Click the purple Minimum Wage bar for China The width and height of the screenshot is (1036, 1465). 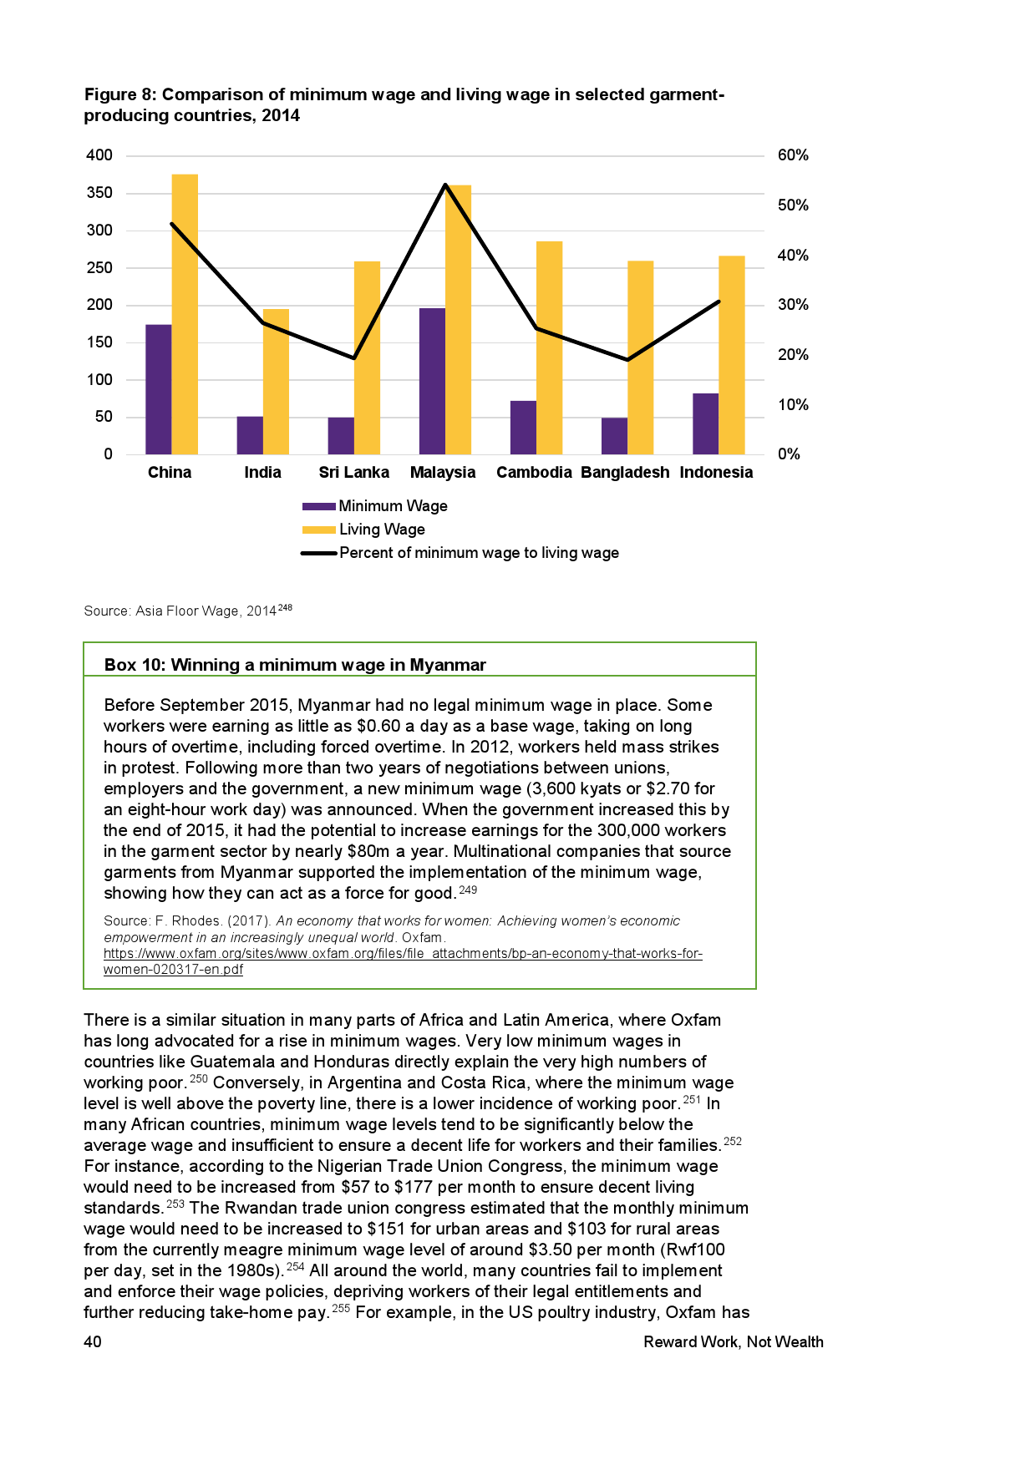[x=159, y=389]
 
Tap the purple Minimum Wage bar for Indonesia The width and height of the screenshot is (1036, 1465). [x=706, y=423]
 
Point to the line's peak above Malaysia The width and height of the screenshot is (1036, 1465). [x=445, y=185]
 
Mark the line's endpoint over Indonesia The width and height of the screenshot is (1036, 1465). [x=719, y=302]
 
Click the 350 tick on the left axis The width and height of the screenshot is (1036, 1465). [x=99, y=193]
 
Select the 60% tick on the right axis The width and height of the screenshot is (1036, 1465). [x=793, y=155]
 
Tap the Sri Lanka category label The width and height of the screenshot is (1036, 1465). [x=353, y=473]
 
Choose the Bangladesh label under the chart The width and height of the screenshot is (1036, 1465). [x=625, y=473]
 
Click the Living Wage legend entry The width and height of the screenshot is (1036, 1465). [x=382, y=530]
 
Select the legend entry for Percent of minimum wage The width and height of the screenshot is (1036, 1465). [x=479, y=553]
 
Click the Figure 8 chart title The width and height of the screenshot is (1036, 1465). [x=404, y=104]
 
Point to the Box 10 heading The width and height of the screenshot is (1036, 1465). [x=295, y=665]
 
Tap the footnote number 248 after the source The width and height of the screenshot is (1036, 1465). [x=285, y=608]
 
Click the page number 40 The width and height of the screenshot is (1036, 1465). [x=93, y=1341]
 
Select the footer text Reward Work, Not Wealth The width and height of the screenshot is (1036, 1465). [x=733, y=1341]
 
